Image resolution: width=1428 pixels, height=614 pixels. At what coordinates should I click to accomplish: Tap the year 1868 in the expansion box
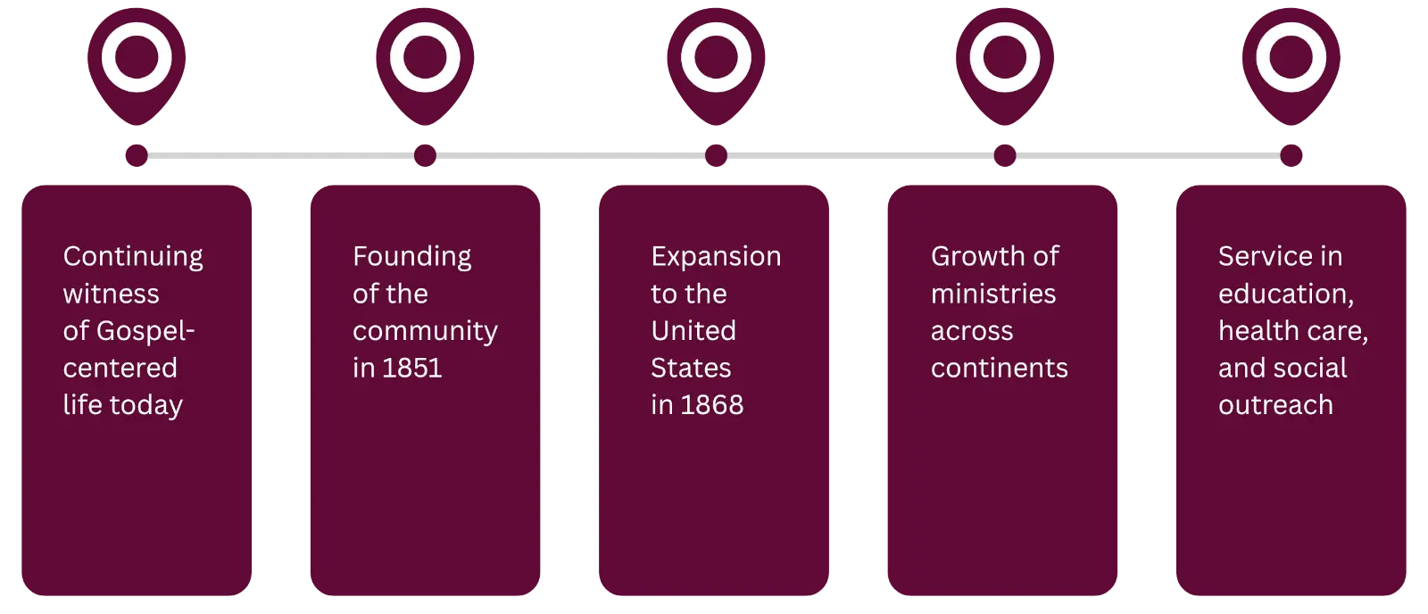tap(710, 405)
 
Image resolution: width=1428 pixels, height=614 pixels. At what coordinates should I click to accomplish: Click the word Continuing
tap(133, 257)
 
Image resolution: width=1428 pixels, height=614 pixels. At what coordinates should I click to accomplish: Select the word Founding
tap(411, 257)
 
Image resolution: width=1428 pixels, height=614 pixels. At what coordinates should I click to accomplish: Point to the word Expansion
tap(716, 257)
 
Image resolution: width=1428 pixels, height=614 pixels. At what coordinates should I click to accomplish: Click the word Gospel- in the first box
tap(145, 331)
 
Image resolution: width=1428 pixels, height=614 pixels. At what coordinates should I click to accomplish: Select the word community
tap(425, 331)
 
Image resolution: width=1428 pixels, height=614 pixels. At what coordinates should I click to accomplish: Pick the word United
tap(693, 331)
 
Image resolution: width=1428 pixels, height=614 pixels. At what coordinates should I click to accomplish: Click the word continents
tap(999, 368)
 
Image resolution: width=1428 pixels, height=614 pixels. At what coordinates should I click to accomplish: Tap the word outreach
tap(1275, 405)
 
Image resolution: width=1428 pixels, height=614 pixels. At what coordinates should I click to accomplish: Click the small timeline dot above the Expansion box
tap(716, 157)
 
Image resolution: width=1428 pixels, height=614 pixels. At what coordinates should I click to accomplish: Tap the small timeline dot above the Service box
tap(1291, 157)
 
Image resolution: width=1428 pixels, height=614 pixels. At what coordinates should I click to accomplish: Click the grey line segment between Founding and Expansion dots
tap(571, 157)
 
